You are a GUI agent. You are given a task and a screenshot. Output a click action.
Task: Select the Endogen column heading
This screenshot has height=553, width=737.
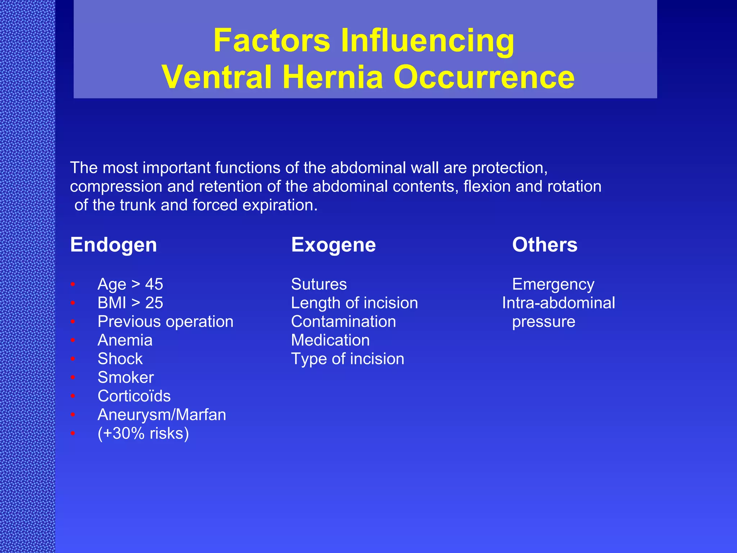(113, 245)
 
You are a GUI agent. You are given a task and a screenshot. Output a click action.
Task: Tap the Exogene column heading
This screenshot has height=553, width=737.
(333, 245)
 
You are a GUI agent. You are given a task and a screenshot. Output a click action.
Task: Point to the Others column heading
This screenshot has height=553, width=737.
(544, 245)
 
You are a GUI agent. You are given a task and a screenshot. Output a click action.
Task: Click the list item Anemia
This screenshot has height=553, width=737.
(125, 340)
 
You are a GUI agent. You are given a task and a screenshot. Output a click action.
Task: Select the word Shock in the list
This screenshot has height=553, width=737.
(120, 359)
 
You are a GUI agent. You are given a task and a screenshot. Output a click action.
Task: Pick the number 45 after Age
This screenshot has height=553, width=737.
(154, 284)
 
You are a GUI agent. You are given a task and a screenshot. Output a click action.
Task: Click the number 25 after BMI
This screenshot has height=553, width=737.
(154, 303)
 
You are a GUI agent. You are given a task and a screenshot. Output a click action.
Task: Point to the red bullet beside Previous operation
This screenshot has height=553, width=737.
(73, 322)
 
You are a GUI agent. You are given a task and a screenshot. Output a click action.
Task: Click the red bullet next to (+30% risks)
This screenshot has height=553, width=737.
(73, 433)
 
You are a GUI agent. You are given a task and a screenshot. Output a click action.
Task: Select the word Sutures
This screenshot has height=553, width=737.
(319, 284)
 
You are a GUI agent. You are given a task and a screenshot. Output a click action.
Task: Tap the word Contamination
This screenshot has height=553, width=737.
(343, 322)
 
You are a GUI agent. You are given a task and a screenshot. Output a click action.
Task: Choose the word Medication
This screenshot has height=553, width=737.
(330, 340)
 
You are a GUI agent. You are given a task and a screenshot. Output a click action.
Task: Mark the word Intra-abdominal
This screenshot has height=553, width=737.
(559, 303)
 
